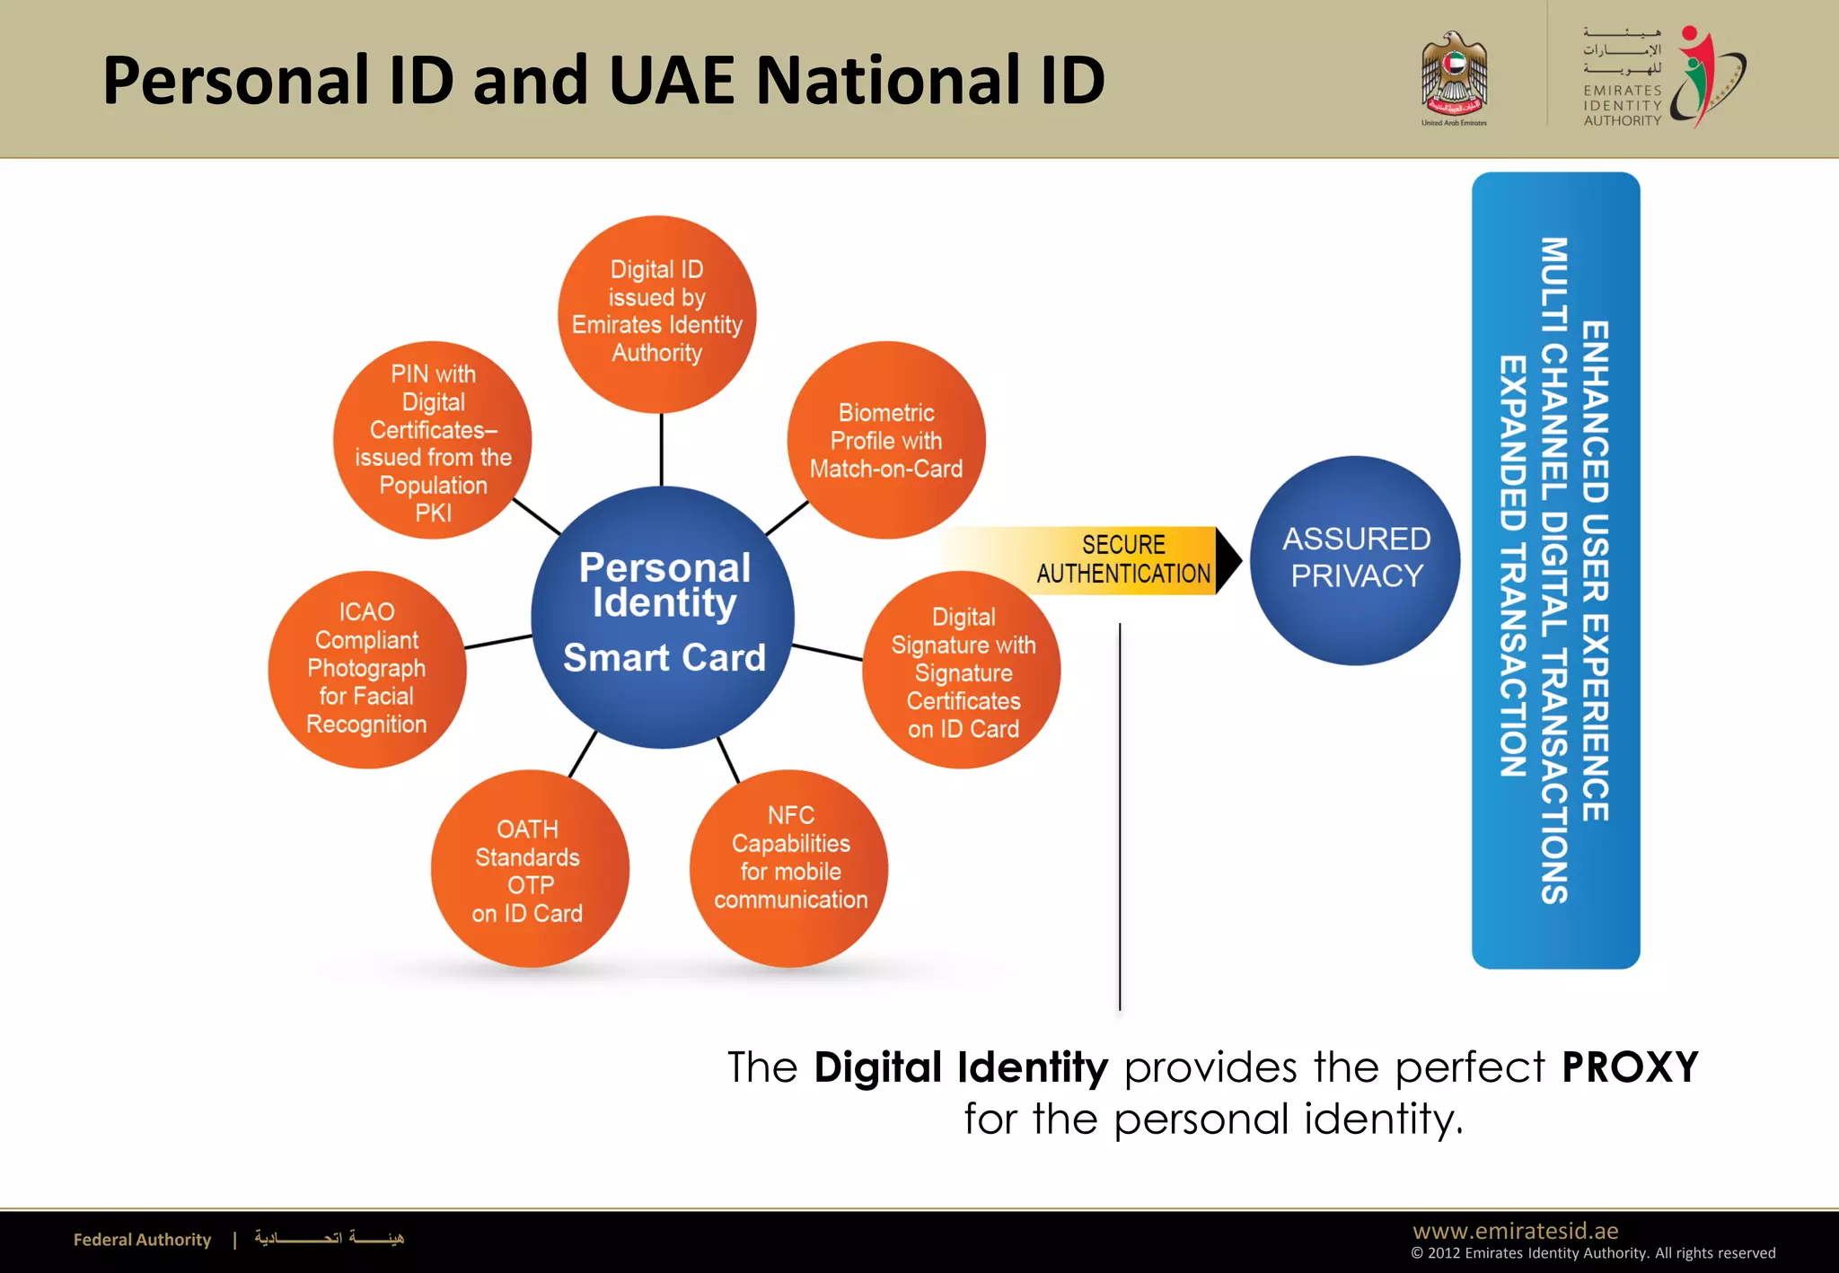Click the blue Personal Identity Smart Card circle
tap(663, 617)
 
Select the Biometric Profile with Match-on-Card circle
tap(886, 440)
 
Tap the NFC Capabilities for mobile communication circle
tap(789, 868)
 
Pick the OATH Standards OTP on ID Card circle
tap(529, 869)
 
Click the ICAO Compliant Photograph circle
tap(366, 669)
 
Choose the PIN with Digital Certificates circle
tap(433, 440)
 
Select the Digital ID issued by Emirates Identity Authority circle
tap(656, 313)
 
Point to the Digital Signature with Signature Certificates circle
tap(962, 671)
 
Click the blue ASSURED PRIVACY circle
tap(1355, 560)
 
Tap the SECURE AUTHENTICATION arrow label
tap(1122, 559)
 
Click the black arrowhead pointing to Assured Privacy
tap(1228, 560)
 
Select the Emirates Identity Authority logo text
tap(1622, 105)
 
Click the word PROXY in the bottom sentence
tap(1630, 1067)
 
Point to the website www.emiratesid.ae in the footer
tap(1515, 1231)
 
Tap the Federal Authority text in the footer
tap(142, 1240)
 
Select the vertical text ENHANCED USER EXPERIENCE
tap(1595, 571)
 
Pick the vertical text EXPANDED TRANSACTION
tap(1513, 566)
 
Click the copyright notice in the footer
tap(1593, 1253)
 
